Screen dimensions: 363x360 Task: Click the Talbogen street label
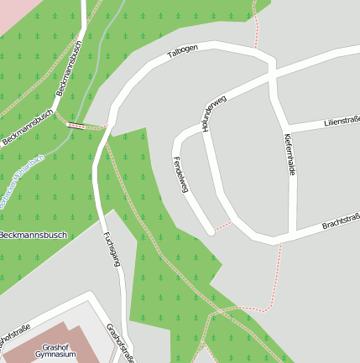[182, 51]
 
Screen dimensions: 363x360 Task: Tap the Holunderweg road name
[214, 113]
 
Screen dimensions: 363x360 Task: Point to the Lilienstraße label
[342, 124]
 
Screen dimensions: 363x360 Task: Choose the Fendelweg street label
[179, 174]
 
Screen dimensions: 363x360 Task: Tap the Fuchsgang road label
[111, 249]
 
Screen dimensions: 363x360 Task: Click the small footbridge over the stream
[76, 125]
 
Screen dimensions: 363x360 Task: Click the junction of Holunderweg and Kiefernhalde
[274, 80]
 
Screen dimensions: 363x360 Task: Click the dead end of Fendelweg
[211, 231]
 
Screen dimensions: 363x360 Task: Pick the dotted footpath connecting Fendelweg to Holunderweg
[222, 226]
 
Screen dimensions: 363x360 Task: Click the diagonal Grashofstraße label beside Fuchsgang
[121, 342]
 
